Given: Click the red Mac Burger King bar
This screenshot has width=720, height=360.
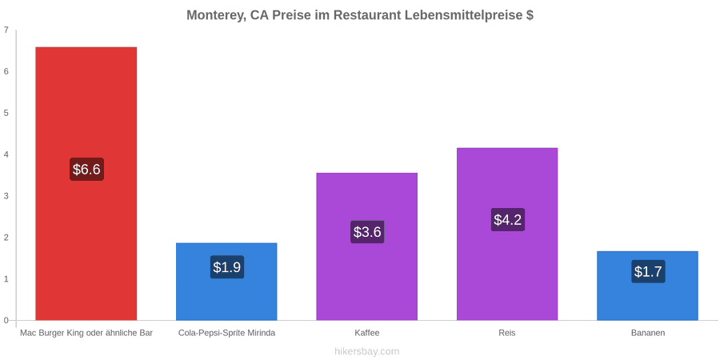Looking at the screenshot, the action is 86,183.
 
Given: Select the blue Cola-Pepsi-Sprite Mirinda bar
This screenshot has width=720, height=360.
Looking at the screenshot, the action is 227,282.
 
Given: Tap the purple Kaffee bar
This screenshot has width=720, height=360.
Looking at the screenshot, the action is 367,246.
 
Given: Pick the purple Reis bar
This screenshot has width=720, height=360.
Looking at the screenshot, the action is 507,234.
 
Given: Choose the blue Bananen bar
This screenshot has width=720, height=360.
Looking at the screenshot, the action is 647,286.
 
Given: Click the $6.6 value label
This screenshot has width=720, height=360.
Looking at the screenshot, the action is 86,169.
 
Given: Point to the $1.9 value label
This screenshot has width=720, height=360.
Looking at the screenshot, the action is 227,266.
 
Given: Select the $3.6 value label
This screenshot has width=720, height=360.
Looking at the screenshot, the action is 367,232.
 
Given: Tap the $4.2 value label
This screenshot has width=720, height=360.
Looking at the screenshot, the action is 507,219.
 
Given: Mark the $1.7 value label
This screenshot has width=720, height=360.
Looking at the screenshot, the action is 647,271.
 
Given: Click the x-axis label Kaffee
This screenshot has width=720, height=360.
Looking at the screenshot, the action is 367,333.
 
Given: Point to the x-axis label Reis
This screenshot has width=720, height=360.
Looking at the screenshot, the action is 507,333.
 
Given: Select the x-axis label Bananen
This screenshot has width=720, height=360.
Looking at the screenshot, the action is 647,333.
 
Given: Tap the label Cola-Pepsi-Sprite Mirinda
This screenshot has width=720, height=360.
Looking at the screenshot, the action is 227,333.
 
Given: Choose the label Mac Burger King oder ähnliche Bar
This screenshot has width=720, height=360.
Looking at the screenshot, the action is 86,333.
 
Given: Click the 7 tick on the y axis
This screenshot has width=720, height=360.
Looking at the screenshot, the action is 6,30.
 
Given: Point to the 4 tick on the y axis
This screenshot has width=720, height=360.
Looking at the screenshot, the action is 6,154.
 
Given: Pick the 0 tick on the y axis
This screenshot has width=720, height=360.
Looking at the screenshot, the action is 6,320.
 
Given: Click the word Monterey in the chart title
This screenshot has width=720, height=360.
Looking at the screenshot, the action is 215,15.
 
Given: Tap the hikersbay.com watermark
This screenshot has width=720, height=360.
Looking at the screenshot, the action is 367,351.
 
